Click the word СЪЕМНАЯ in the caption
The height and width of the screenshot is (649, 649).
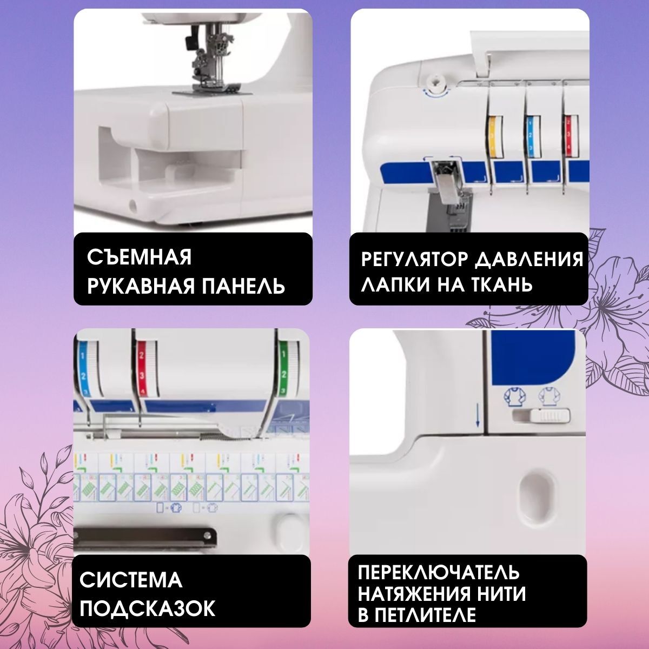140,257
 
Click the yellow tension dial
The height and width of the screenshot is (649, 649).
494,137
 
